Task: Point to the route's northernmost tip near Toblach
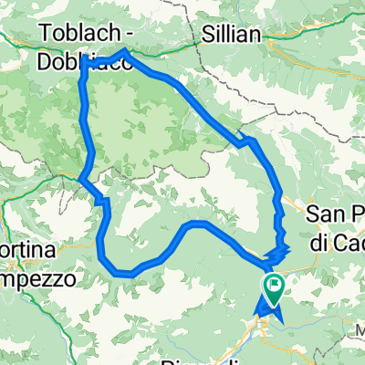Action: pyautogui.click(x=124, y=52)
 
